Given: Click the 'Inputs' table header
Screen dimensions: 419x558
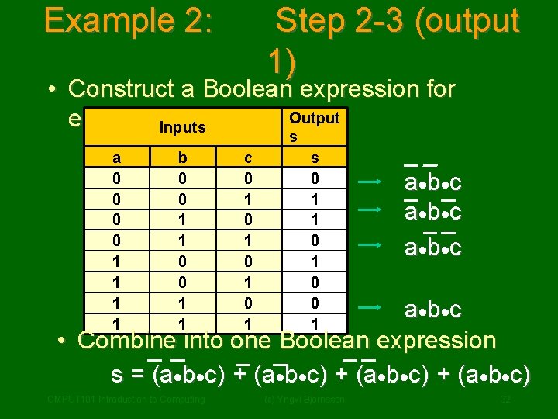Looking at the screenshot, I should pyautogui.click(x=182, y=126).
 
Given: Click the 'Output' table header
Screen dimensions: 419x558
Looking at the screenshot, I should pyautogui.click(x=314, y=119).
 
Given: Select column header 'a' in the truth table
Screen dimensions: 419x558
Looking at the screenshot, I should pyautogui.click(x=116, y=158).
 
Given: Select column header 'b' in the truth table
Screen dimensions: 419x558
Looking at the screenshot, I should pyautogui.click(x=182, y=158).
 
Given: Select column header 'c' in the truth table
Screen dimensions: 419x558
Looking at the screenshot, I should pyautogui.click(x=248, y=158).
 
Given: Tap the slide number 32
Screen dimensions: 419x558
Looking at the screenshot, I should pyautogui.click(x=505, y=400).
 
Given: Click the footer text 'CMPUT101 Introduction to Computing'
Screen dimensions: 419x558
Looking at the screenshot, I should pyautogui.click(x=126, y=400).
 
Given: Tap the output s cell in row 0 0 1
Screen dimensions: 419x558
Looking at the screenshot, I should pyautogui.click(x=314, y=199).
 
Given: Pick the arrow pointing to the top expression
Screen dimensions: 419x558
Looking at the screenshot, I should pyautogui.click(x=371, y=182).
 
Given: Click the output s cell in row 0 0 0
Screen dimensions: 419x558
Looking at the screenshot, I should pyautogui.click(x=314, y=178).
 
